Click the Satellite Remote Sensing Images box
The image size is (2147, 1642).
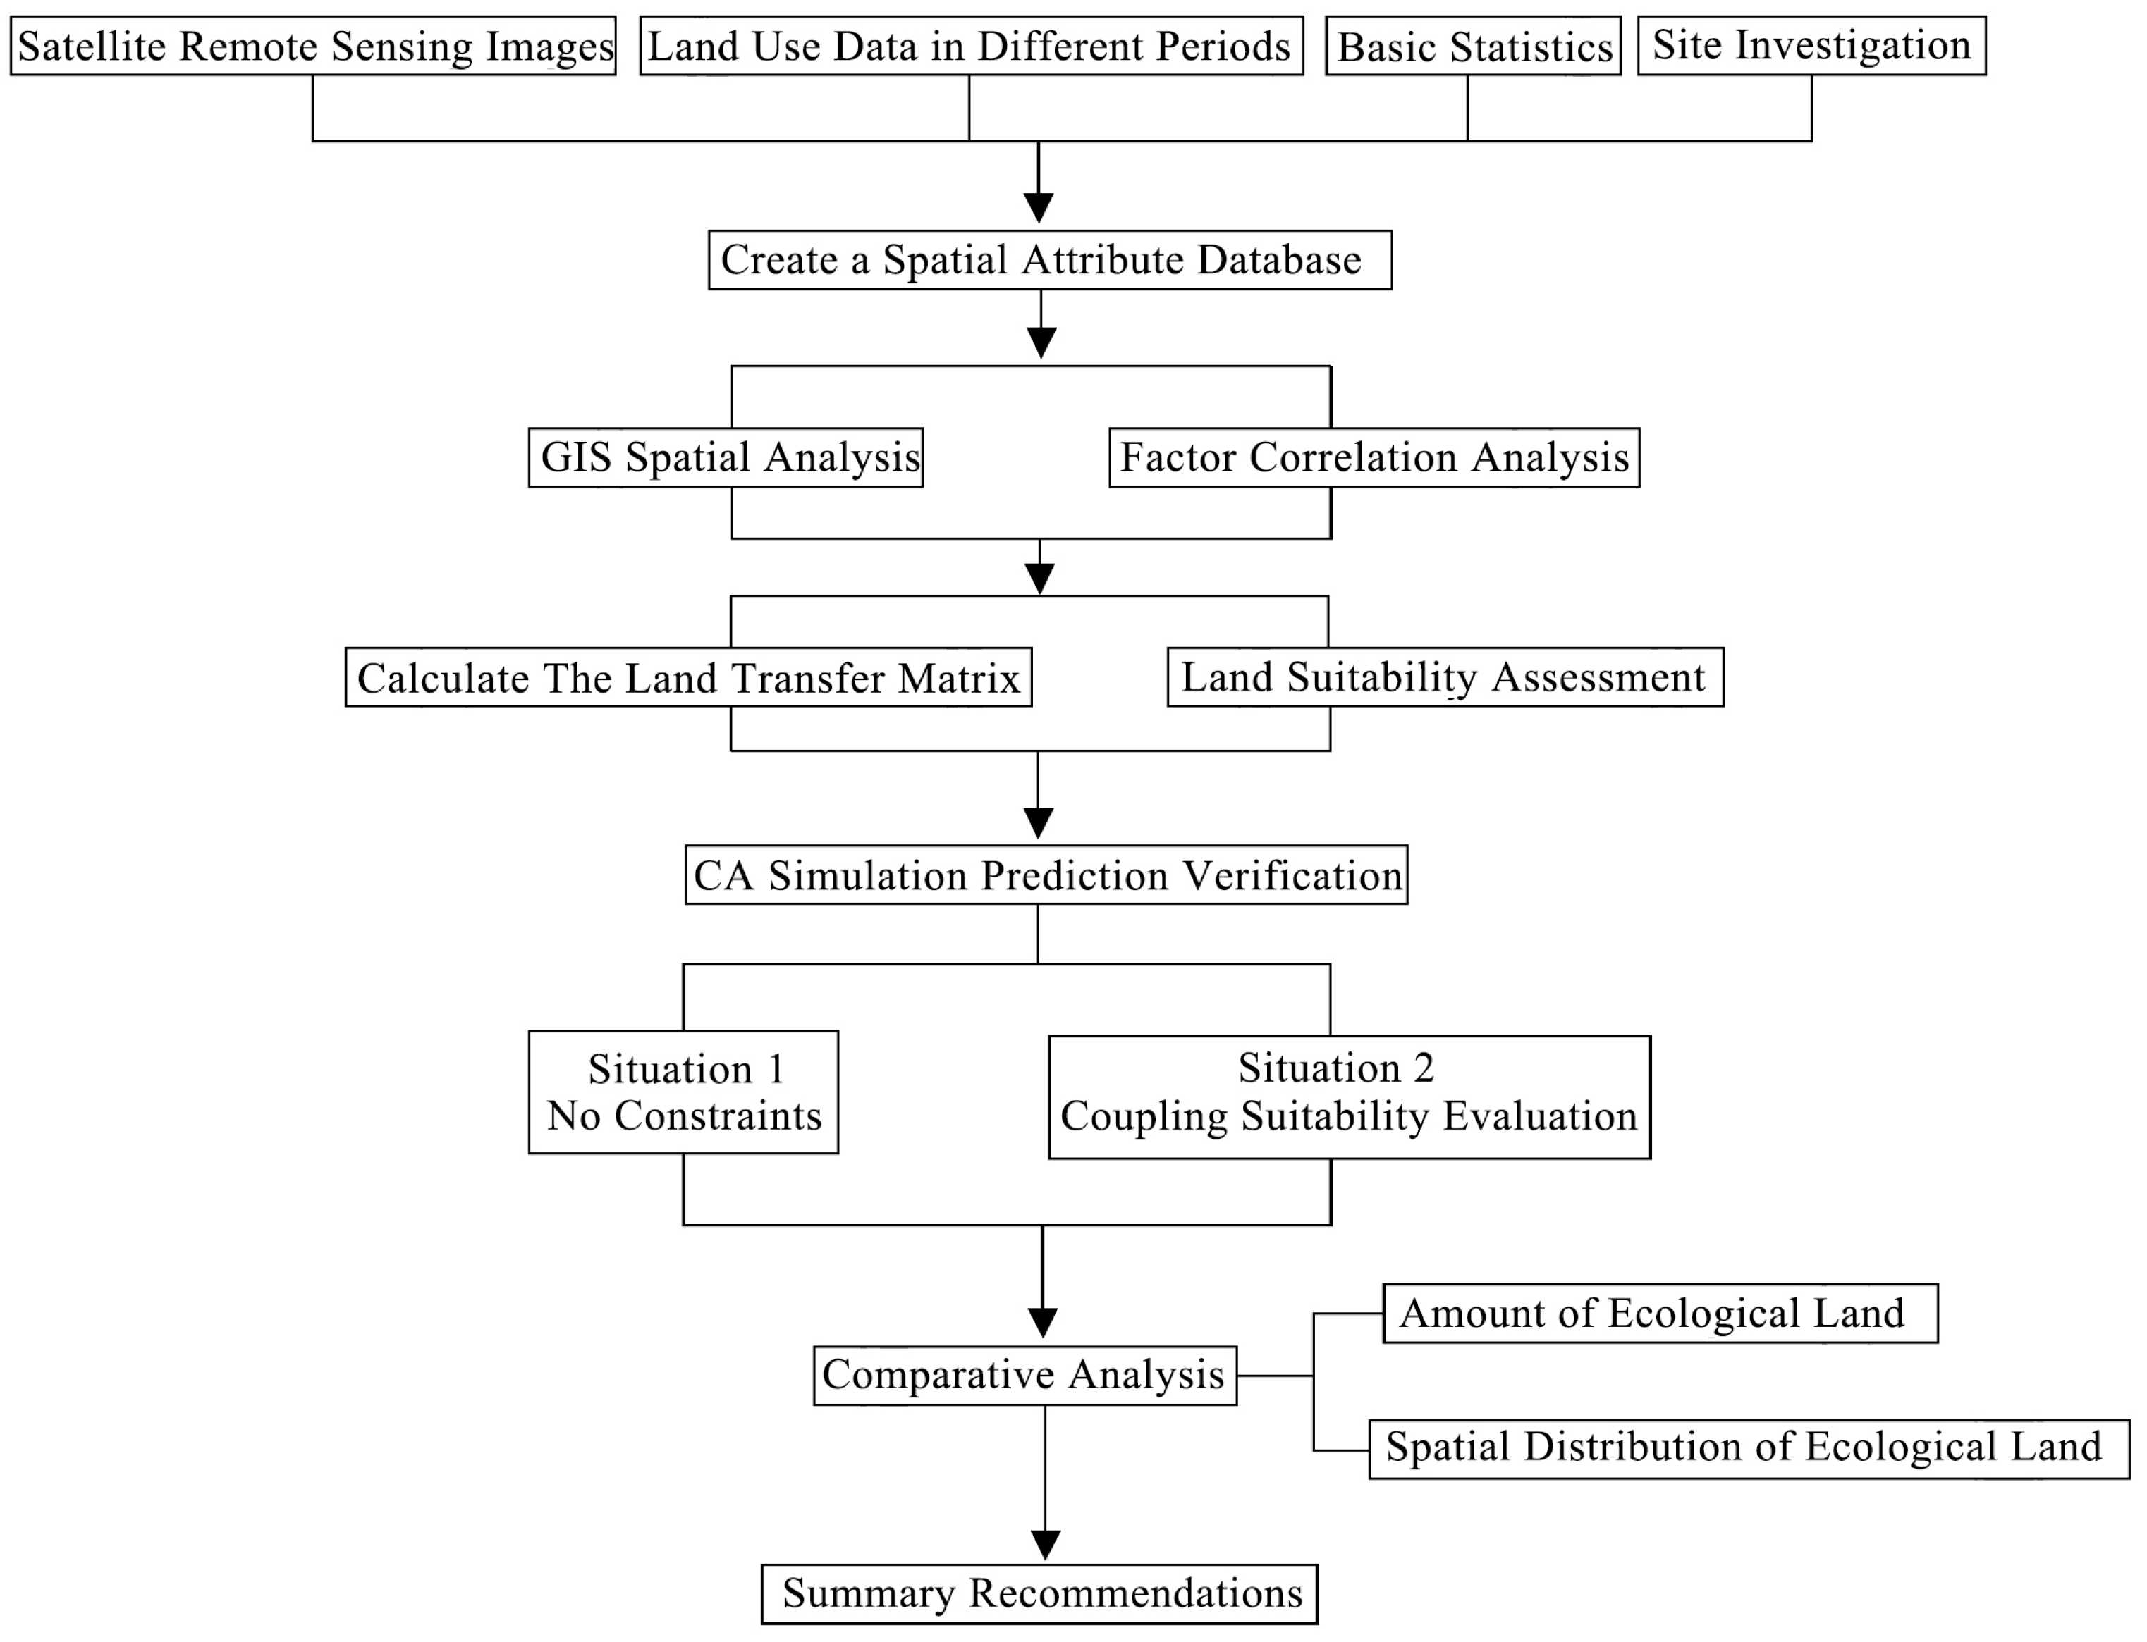pyautogui.click(x=313, y=46)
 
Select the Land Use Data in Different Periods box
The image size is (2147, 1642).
pyautogui.click(x=971, y=46)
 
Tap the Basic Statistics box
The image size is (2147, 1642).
pyautogui.click(x=1472, y=46)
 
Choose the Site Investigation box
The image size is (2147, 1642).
pyautogui.click(x=1811, y=46)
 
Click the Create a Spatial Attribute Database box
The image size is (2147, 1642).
pyautogui.click(x=1049, y=260)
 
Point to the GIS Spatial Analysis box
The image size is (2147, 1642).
pyautogui.click(x=726, y=457)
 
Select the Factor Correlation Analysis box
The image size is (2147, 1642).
pyautogui.click(x=1373, y=457)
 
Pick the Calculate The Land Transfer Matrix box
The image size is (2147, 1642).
pyautogui.click(x=688, y=677)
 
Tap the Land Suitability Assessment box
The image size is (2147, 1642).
pyautogui.click(x=1444, y=677)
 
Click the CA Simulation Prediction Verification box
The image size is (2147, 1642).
pyautogui.click(x=1046, y=875)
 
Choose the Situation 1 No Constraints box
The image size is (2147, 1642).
pyautogui.click(x=683, y=1092)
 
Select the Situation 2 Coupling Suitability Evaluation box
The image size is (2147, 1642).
pyautogui.click(x=1350, y=1097)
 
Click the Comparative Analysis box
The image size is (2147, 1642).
pyautogui.click(x=1024, y=1375)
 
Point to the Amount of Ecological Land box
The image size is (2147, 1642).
pyautogui.click(x=1659, y=1314)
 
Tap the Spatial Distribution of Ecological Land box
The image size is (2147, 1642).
pyautogui.click(x=1748, y=1448)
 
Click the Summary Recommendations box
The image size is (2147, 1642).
pyautogui.click(x=1039, y=1594)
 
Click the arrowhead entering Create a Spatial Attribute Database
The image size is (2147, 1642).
pyautogui.click(x=1039, y=208)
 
